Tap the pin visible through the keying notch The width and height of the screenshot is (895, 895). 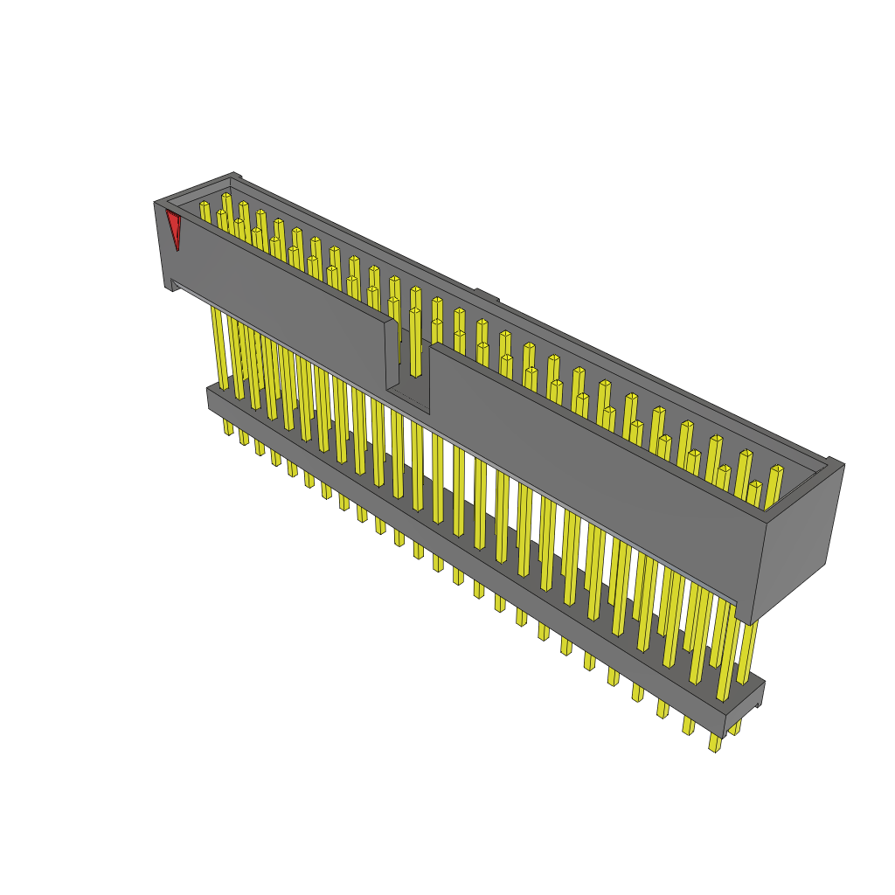click(x=415, y=341)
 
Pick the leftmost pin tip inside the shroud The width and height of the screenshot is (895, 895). click(x=205, y=205)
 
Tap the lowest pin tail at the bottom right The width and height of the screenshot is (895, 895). click(x=715, y=744)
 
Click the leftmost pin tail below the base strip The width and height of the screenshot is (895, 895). click(x=228, y=427)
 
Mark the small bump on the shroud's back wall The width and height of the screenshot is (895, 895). click(x=487, y=294)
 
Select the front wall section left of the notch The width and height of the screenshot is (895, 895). click(x=280, y=288)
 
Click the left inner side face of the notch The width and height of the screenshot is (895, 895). click(x=392, y=354)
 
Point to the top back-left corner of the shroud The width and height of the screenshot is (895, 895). click(x=234, y=175)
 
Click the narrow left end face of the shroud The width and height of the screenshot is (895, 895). click(x=163, y=245)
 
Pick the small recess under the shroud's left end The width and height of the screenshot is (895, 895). click(x=175, y=284)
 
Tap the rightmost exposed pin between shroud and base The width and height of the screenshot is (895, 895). click(x=746, y=651)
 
